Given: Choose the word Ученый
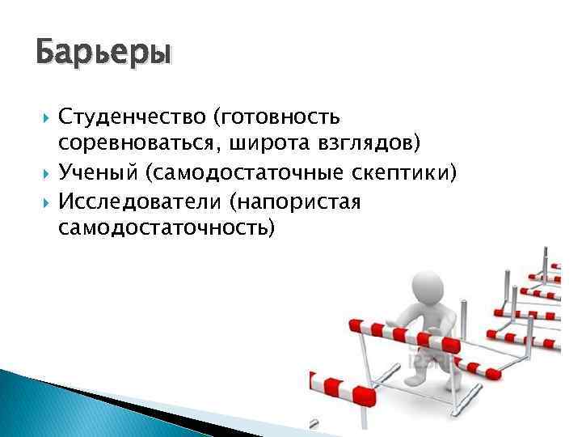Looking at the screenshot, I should (x=96, y=173).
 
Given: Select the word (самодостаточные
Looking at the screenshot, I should (x=242, y=173).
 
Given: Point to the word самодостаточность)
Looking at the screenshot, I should (x=167, y=228).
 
